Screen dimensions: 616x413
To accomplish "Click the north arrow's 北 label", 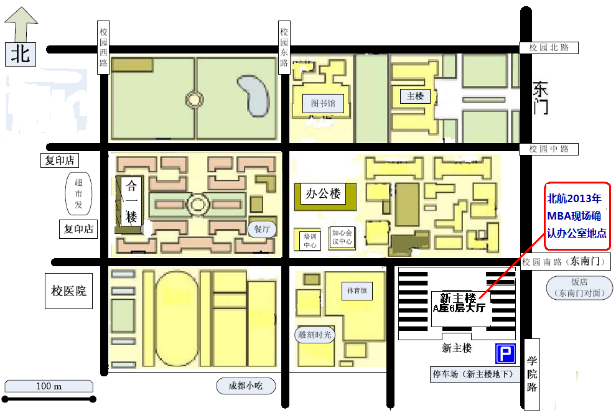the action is point(21,54).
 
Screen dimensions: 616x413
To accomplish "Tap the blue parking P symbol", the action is point(505,353).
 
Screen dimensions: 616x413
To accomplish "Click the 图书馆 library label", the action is point(323,104).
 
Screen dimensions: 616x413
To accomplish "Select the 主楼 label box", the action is point(415,96).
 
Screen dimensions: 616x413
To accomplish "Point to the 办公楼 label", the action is point(323,193).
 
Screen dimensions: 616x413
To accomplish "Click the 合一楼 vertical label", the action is point(131,202).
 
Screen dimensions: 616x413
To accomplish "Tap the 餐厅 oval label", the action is point(262,229).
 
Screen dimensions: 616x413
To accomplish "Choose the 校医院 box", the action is point(68,291).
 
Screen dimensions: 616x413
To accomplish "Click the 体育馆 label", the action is point(357,291).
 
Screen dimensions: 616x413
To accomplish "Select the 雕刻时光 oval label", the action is point(315,335).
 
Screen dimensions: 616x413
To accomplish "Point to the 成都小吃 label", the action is point(246,386).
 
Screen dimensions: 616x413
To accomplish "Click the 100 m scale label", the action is point(49,386).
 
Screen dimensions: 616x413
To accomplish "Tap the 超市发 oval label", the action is point(78,193).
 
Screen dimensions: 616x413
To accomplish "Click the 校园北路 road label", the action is point(549,47).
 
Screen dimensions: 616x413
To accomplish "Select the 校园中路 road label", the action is point(549,149).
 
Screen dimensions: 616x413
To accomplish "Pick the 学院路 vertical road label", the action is point(532,374).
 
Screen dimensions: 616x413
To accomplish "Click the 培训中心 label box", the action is point(310,241).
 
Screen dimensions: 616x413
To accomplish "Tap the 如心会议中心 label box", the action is point(342,237).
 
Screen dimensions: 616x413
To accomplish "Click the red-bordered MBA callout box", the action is point(577,216).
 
